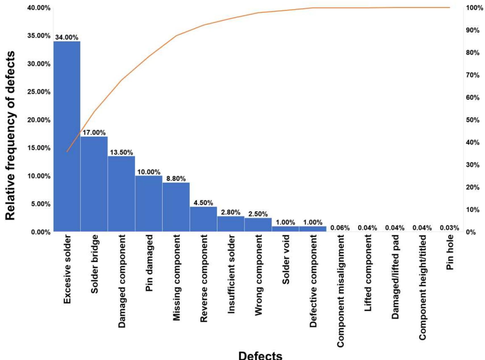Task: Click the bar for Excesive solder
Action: (67, 136)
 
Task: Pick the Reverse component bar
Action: (203, 219)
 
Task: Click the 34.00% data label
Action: (67, 37)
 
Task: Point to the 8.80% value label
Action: (176, 179)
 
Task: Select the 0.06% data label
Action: (340, 228)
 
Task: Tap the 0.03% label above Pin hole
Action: (449, 228)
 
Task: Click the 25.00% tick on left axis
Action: (39, 92)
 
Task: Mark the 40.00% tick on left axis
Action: (39, 8)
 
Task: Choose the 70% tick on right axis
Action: (472, 75)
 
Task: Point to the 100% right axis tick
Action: (474, 8)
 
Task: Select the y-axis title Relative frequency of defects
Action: (10, 136)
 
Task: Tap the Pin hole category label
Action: (449, 252)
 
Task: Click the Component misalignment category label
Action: (340, 291)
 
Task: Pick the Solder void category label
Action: (286, 259)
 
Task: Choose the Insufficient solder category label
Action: (231, 274)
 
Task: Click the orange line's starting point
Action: (67, 152)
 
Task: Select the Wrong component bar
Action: (258, 225)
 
